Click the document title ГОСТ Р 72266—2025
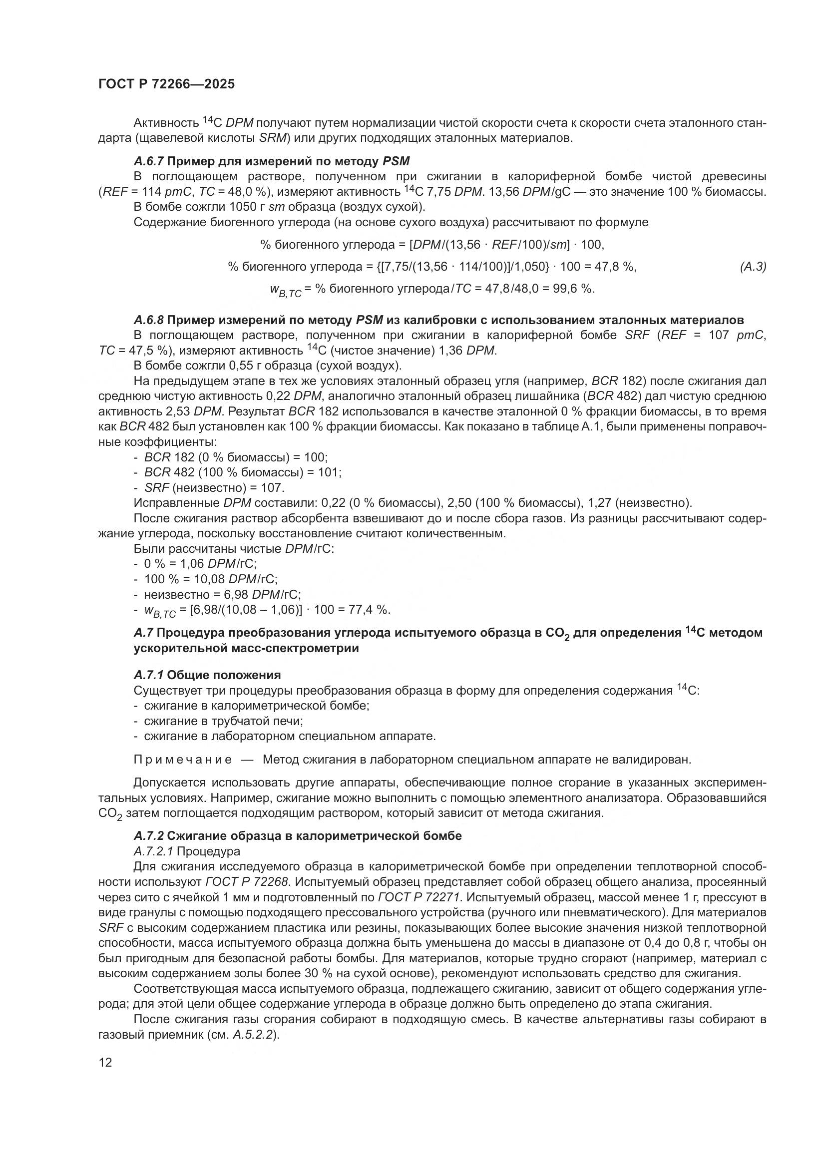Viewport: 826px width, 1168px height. [166, 84]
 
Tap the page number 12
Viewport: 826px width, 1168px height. [105, 1062]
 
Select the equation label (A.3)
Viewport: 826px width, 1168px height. [753, 267]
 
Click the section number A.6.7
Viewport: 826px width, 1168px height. [148, 162]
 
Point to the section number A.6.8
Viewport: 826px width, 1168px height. [148, 320]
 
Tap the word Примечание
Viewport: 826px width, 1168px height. [183, 760]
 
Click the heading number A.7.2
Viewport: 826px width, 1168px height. [148, 836]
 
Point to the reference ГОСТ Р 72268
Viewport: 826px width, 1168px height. [247, 881]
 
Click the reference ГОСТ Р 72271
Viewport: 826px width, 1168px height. [418, 897]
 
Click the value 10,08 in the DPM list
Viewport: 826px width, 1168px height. [210, 579]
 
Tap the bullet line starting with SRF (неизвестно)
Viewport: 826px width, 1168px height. [214, 487]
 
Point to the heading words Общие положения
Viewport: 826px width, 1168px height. [224, 675]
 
